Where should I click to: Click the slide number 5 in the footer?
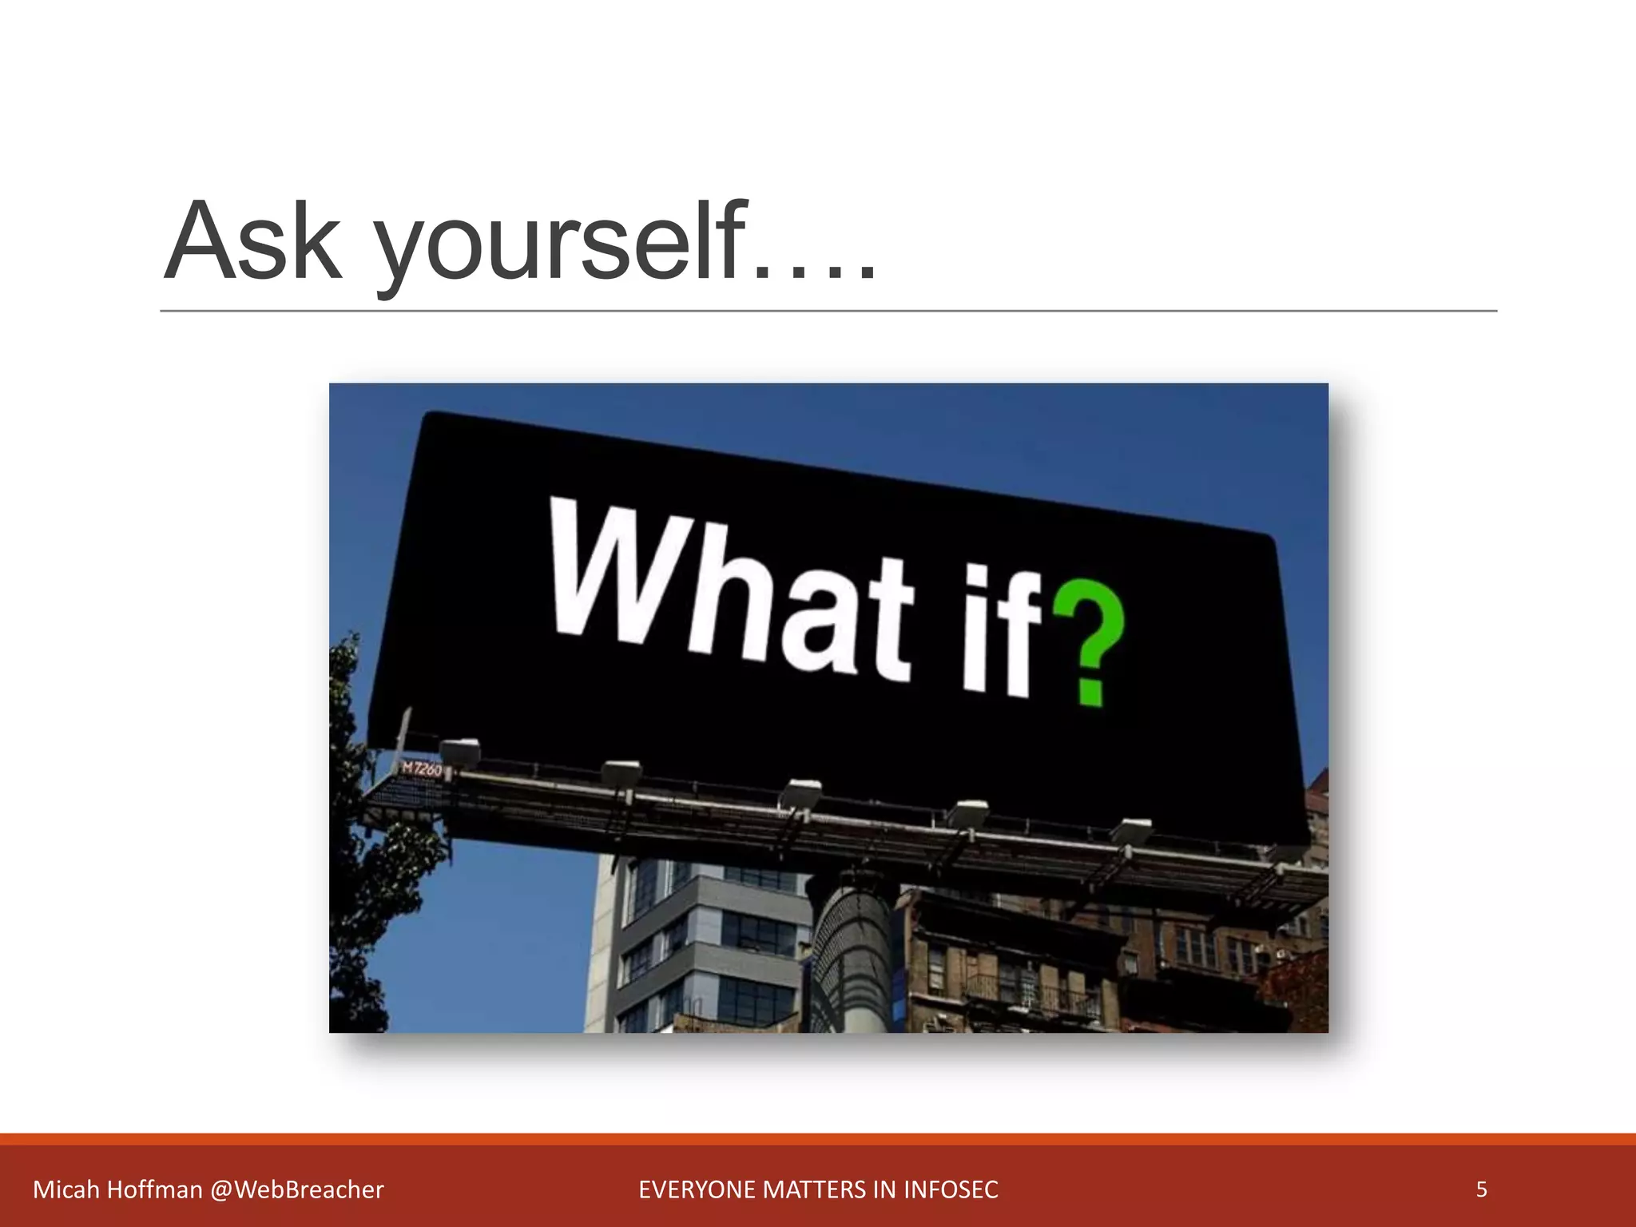[1481, 1189]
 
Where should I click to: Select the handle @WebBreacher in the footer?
[297, 1190]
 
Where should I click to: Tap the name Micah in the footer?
[66, 1190]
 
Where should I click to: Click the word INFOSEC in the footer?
[951, 1190]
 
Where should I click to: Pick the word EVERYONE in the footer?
[697, 1190]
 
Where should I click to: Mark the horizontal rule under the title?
[828, 310]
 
